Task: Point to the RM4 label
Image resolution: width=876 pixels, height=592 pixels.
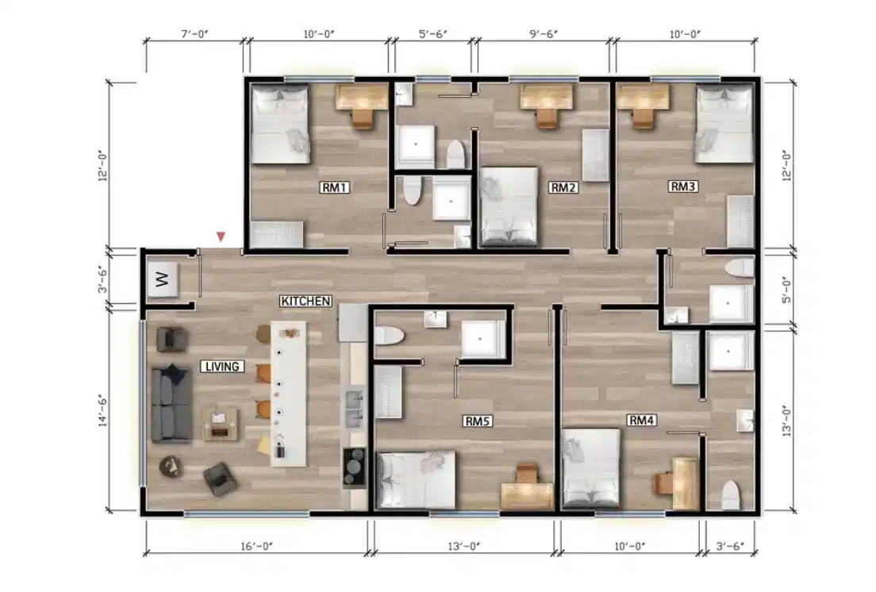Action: [640, 420]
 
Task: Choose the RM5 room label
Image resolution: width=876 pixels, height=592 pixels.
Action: [478, 422]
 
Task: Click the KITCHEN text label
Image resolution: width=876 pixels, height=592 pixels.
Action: [305, 302]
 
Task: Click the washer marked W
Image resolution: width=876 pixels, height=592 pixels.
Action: [163, 280]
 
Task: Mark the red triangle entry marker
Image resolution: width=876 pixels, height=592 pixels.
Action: [221, 236]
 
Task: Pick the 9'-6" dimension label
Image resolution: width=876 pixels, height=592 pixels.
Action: [544, 35]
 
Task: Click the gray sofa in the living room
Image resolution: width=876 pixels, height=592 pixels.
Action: [171, 403]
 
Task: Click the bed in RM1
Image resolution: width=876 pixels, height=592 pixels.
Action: [280, 125]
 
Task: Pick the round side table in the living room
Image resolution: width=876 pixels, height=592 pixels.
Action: [171, 466]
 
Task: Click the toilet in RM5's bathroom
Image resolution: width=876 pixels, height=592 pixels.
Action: [390, 336]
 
